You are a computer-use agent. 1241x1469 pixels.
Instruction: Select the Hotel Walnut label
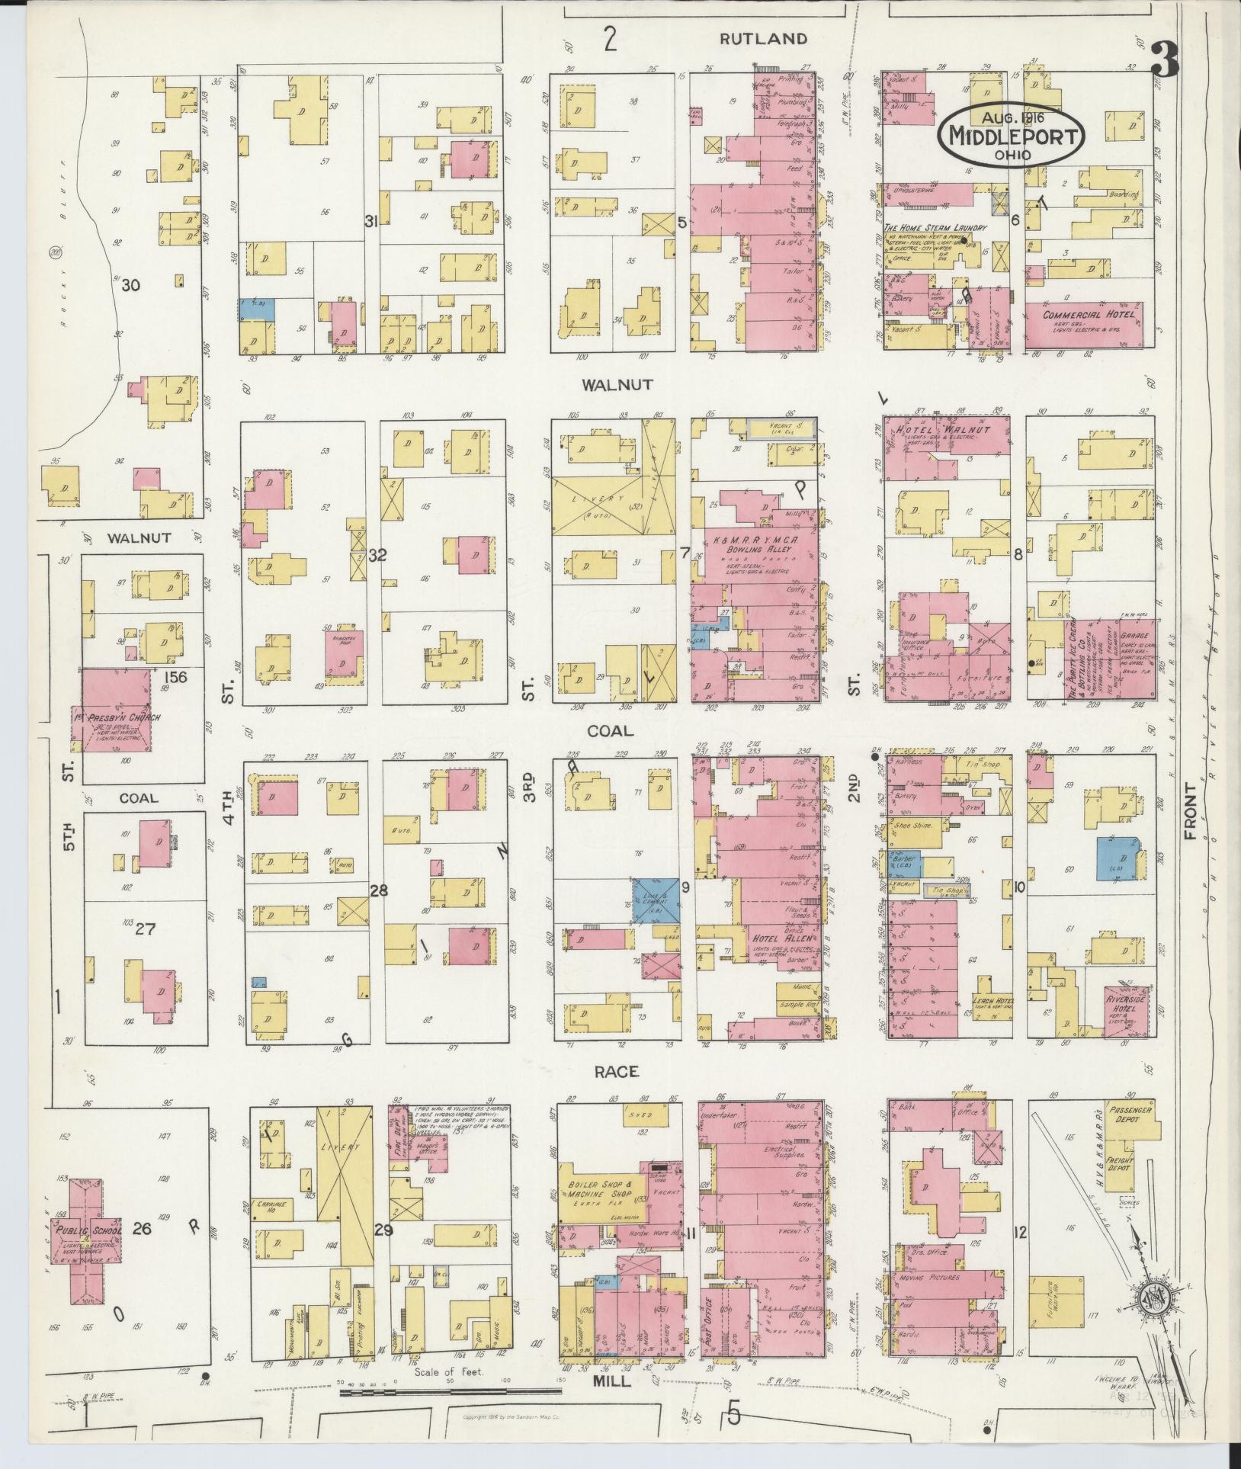(x=946, y=431)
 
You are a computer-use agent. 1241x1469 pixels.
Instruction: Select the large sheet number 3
(x=1165, y=62)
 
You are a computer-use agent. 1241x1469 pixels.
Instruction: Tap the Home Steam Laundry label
(x=935, y=228)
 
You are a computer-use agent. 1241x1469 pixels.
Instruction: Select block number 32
(x=377, y=556)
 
